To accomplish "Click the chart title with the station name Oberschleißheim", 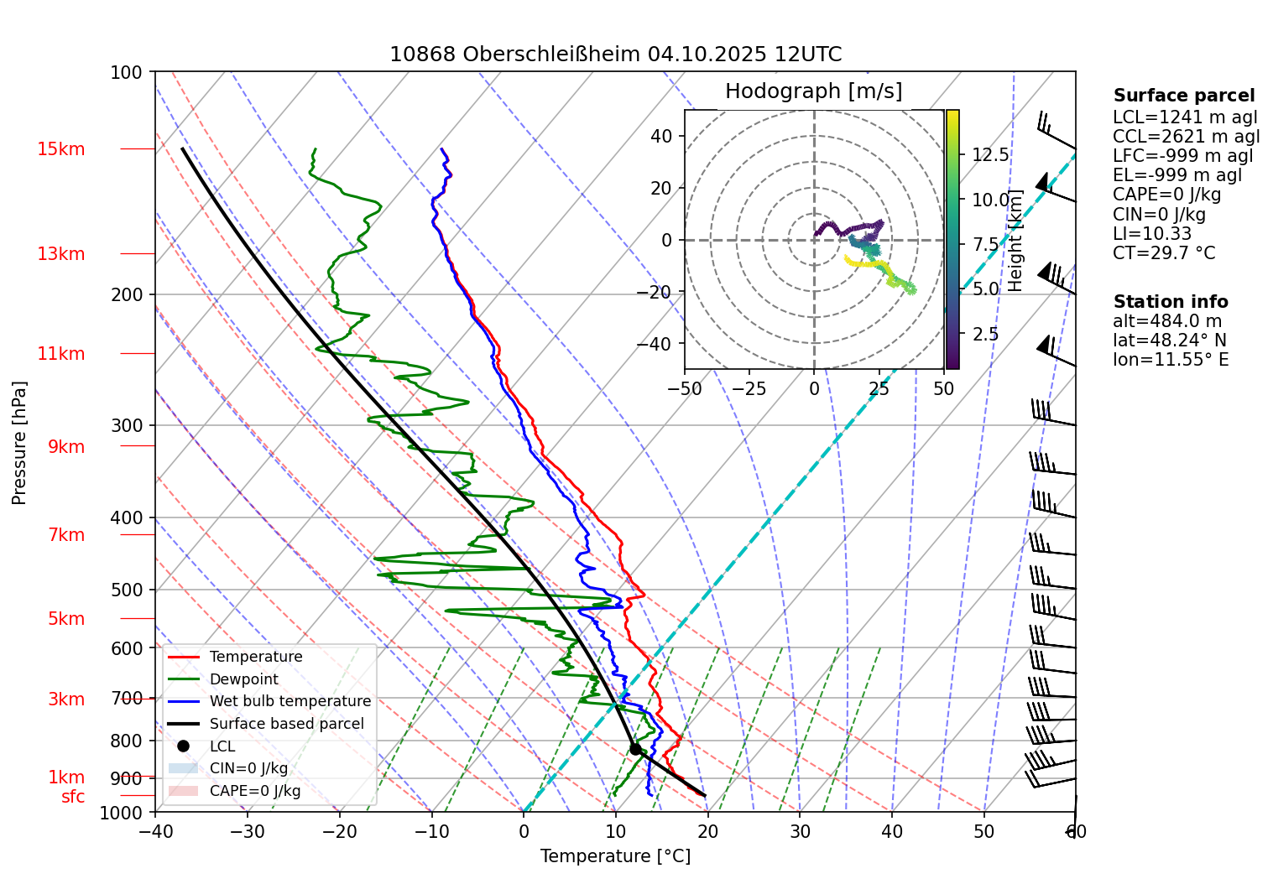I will [x=615, y=55].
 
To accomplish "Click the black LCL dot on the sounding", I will [x=635, y=749].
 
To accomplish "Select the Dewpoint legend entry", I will [x=243, y=679].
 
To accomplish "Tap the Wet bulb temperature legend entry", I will [x=290, y=701].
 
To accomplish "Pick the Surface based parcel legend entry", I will [x=286, y=724].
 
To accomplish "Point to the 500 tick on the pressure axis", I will [x=127, y=590].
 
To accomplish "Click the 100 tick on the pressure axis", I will [x=127, y=72].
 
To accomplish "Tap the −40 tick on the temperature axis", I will [x=155, y=832].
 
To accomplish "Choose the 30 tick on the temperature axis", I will [x=800, y=832].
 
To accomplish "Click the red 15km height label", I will [x=61, y=149].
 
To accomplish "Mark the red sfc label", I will [x=73, y=797].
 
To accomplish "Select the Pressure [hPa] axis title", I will [x=19, y=443].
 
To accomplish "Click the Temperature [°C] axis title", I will [x=615, y=856].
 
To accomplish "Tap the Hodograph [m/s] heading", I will [x=813, y=91].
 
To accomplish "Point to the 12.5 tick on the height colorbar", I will [x=990, y=155].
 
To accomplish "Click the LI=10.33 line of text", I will [x=1152, y=234].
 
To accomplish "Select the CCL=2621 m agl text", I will [x=1186, y=137].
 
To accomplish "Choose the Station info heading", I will [x=1171, y=302].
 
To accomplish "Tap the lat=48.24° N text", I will [x=1170, y=341].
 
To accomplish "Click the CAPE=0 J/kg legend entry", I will [x=254, y=791].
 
